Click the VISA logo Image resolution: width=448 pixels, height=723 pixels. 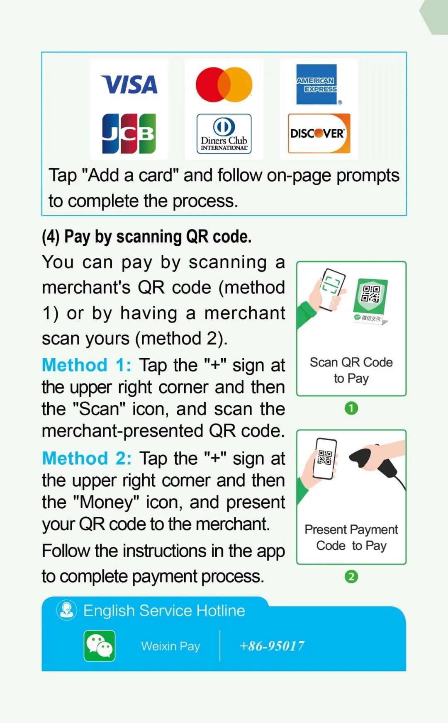tap(129, 85)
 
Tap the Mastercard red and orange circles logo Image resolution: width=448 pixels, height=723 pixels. tap(224, 85)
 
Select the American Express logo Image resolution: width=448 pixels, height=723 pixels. tap(317, 85)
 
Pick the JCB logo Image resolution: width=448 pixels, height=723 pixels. tap(129, 133)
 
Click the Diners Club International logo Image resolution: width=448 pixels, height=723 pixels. tap(224, 134)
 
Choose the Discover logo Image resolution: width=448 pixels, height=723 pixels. tap(319, 133)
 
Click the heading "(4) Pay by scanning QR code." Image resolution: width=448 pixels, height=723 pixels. tap(146, 237)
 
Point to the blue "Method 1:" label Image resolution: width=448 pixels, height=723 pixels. tap(86, 365)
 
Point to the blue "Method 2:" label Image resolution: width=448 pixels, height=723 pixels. tap(86, 459)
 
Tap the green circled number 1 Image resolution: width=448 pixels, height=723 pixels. tap(351, 408)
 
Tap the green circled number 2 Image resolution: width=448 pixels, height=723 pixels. tap(351, 577)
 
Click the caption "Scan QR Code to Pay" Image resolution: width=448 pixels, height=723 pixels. tap(351, 370)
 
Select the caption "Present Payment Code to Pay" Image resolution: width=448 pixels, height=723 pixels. tap(351, 538)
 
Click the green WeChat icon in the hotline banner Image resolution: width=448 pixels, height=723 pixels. tap(100, 646)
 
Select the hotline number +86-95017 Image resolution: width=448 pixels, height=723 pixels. tap(272, 646)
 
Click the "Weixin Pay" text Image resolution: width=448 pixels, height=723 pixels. tap(170, 646)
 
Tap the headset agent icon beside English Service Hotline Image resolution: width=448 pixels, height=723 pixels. tap(66, 610)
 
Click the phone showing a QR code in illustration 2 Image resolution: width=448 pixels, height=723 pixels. tap(324, 458)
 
